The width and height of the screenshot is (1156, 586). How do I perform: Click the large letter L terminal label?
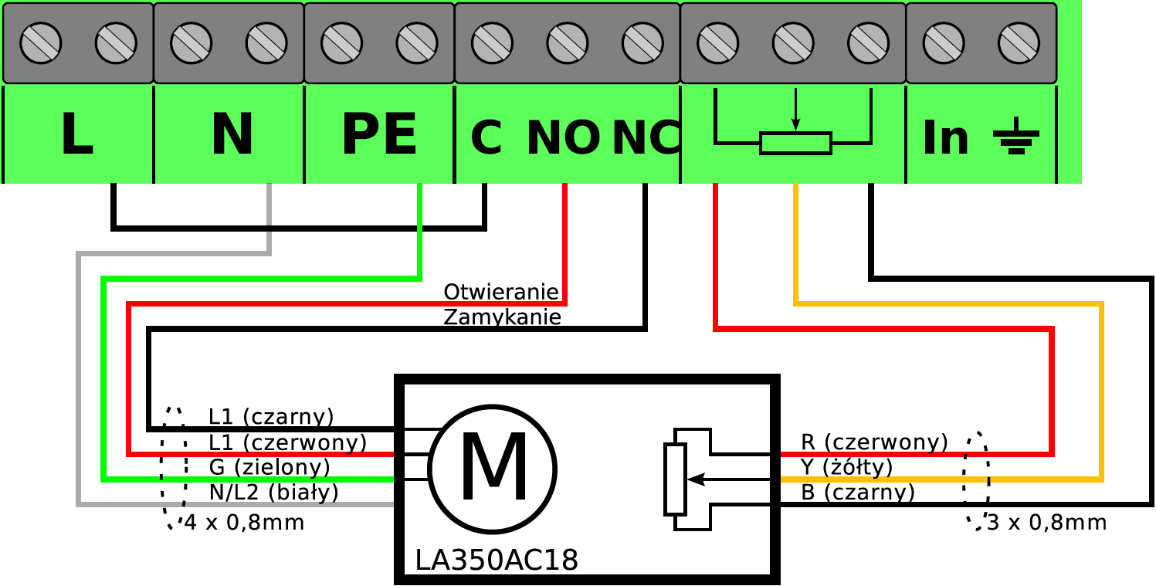tap(77, 134)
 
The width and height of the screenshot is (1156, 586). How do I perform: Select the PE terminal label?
tap(379, 134)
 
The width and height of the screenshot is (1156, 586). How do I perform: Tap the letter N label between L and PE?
tap(232, 134)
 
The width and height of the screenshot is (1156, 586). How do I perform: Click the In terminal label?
tap(945, 137)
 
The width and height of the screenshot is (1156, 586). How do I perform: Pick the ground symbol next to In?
tap(1016, 136)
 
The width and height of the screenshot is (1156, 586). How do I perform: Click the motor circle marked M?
tap(493, 469)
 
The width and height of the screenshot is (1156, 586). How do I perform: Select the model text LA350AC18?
tap(497, 561)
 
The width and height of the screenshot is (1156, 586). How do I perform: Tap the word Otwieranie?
tap(501, 292)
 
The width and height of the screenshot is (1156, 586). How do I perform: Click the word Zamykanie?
tap(502, 317)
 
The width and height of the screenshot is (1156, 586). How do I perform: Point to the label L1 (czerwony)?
tap(287, 442)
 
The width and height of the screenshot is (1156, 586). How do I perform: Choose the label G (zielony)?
tap(270, 467)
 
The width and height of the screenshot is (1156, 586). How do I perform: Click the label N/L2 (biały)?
tap(273, 492)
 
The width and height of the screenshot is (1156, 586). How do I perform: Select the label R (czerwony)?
tap(874, 442)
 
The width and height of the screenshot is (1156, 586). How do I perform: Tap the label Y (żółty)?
tap(847, 467)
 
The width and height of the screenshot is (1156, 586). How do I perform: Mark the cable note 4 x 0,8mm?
tap(244, 523)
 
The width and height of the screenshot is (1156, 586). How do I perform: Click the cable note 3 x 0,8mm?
tap(1046, 523)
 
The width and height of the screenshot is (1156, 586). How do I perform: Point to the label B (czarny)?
tap(858, 492)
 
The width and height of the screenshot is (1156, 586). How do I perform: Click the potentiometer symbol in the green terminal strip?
tap(794, 122)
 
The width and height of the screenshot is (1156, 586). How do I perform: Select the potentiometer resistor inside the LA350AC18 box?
tap(675, 479)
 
